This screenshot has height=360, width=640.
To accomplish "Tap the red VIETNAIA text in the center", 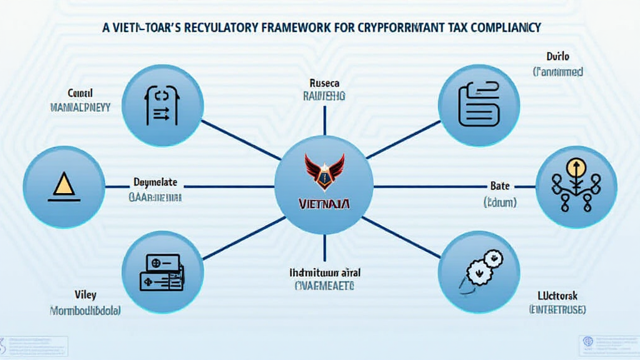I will point(324,204).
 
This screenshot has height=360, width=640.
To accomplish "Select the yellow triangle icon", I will point(63,186).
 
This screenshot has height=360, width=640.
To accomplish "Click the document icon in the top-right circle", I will point(479,104).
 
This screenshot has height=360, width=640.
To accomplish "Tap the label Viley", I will point(85,294).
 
